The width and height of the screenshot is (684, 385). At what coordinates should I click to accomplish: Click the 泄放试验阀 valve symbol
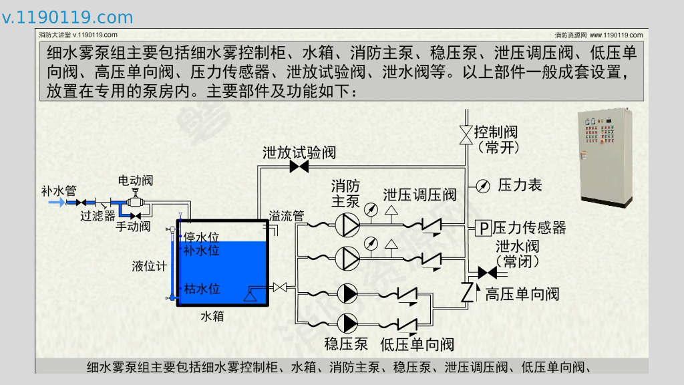[x=299, y=166]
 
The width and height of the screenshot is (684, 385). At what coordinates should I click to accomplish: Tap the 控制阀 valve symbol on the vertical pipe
[x=466, y=135]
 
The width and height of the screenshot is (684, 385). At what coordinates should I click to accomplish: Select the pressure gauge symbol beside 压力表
[x=483, y=186]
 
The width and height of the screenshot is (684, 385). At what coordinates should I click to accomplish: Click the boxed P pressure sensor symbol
[x=484, y=229]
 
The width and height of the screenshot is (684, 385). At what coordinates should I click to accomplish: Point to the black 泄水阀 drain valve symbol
[x=487, y=273]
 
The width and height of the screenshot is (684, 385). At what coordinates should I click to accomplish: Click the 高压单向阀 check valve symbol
[x=467, y=293]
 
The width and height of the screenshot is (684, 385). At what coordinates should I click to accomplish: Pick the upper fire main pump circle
[x=347, y=225]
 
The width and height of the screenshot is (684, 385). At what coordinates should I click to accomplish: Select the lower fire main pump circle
[x=347, y=259]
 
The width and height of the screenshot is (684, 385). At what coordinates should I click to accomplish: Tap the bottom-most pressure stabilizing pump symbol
[x=347, y=324]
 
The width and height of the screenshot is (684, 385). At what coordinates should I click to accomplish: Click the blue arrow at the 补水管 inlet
[x=56, y=202]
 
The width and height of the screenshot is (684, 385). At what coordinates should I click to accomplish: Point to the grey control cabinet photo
[x=605, y=157]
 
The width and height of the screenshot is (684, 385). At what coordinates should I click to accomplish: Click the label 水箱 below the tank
[x=212, y=316]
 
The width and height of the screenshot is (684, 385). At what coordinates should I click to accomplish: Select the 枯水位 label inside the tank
[x=202, y=289]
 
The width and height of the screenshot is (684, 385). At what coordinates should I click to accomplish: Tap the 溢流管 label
[x=286, y=216]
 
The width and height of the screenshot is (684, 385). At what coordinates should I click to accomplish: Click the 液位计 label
[x=150, y=266]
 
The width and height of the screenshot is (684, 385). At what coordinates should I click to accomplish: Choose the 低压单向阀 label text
[x=417, y=344]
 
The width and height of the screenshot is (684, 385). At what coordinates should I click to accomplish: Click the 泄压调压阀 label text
[x=419, y=195]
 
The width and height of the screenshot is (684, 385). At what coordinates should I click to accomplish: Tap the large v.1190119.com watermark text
[x=67, y=17]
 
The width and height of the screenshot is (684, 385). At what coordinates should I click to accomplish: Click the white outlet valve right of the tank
[x=280, y=287]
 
